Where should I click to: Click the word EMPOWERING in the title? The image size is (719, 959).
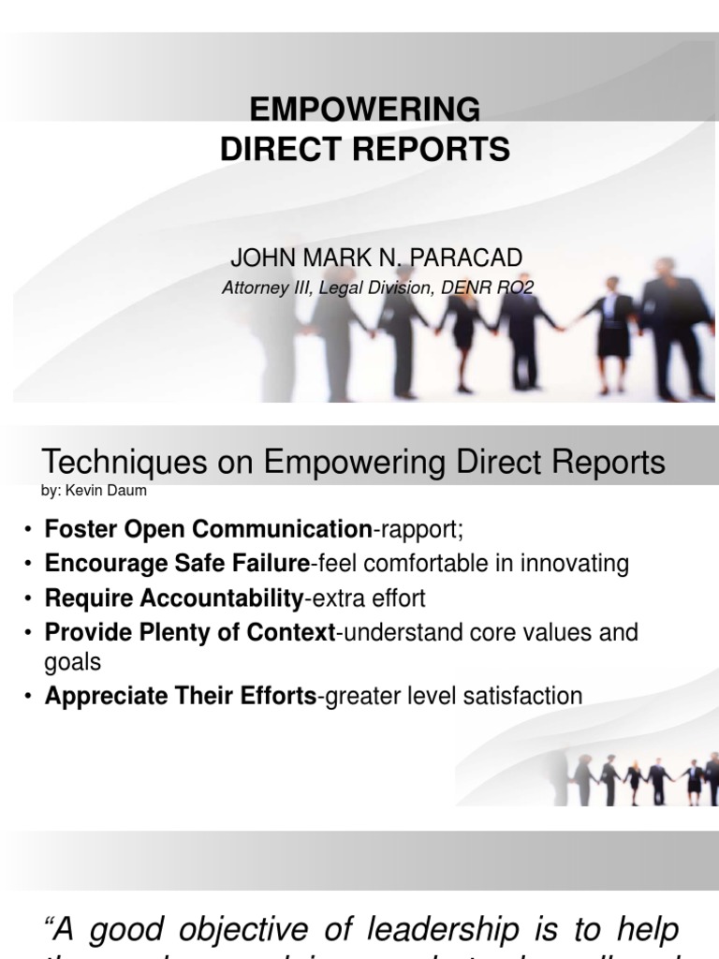click(365, 110)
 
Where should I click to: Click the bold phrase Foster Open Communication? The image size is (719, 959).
click(208, 529)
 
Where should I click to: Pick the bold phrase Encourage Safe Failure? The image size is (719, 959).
click(177, 564)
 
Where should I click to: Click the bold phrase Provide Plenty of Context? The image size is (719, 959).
click(189, 632)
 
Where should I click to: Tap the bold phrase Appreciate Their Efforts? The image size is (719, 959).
click(181, 696)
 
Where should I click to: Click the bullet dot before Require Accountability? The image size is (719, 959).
click(29, 598)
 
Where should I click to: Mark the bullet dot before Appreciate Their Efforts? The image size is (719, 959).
click(29, 697)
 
